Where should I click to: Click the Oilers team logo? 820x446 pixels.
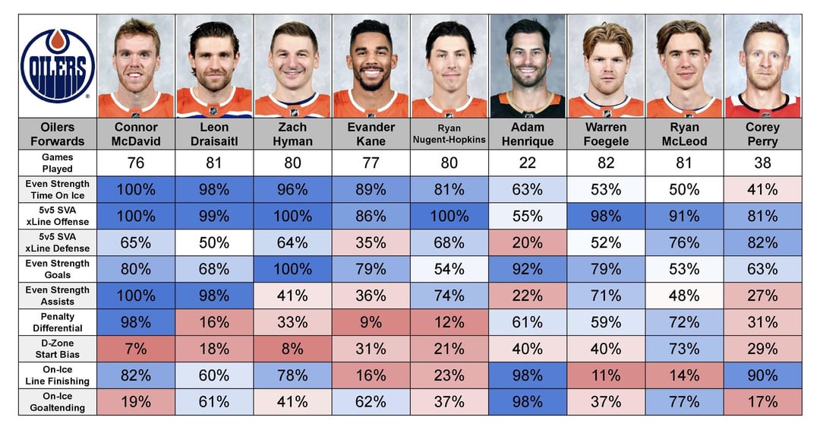point(58,65)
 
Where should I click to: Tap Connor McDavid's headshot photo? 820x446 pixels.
point(136,66)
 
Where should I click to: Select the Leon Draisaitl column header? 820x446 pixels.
point(214,134)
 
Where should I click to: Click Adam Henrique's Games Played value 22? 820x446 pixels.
point(527,163)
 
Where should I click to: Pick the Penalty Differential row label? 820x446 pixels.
point(58,321)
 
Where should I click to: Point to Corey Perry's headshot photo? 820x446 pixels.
point(762,66)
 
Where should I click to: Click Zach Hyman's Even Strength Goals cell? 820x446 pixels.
point(292,269)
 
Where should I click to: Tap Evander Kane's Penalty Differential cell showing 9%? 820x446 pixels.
point(371,321)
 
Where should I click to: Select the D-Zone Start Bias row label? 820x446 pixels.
point(58,348)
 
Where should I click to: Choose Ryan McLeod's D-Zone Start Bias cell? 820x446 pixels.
point(684,348)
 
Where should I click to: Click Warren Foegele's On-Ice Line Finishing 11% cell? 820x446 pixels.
point(606,375)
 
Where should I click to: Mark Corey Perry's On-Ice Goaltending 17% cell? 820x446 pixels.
point(762,401)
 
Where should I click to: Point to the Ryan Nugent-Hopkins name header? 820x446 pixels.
point(449,134)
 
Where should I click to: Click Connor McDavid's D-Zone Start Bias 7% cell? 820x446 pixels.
point(136,348)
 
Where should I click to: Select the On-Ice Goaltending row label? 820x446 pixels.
point(58,401)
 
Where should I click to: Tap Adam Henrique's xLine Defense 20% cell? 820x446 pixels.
point(527,242)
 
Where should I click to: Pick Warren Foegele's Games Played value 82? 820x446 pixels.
point(606,163)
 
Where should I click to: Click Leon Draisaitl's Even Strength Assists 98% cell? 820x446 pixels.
point(214,295)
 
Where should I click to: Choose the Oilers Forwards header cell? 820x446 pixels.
point(58,134)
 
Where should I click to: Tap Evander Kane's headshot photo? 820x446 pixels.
point(371,66)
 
